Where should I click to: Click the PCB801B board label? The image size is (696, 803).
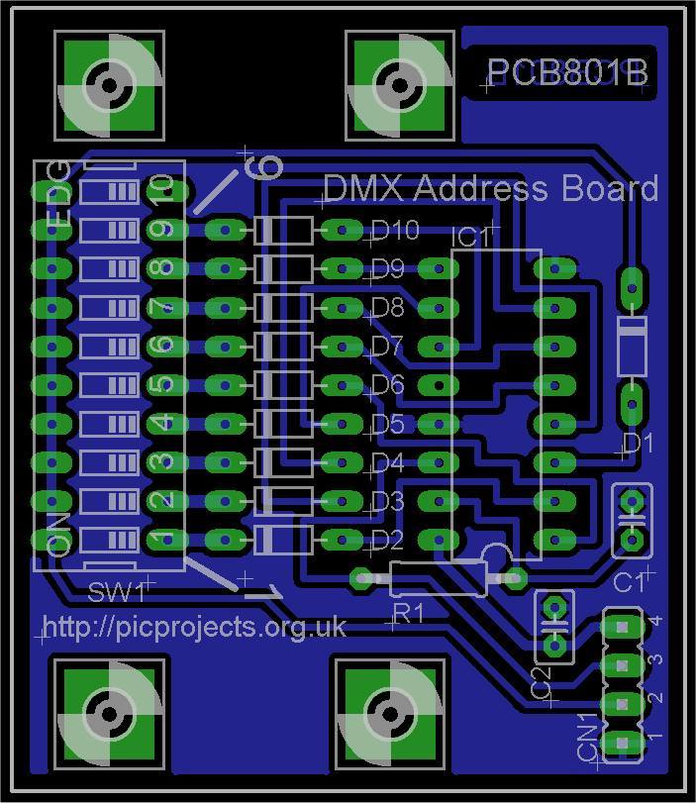[567, 73]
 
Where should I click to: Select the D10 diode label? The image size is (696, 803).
[395, 231]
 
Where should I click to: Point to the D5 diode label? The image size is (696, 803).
[388, 424]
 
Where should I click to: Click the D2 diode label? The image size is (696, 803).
[388, 541]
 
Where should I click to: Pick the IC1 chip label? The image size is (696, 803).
[471, 239]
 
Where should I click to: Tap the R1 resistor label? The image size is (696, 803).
[408, 614]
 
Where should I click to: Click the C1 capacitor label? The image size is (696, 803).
[629, 582]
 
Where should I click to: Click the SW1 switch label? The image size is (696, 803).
[116, 593]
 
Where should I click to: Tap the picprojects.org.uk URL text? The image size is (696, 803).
[194, 628]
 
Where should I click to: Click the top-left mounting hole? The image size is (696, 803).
[107, 85]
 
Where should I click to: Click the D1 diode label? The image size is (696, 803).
[638, 443]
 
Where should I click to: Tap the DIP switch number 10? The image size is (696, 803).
[160, 188]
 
